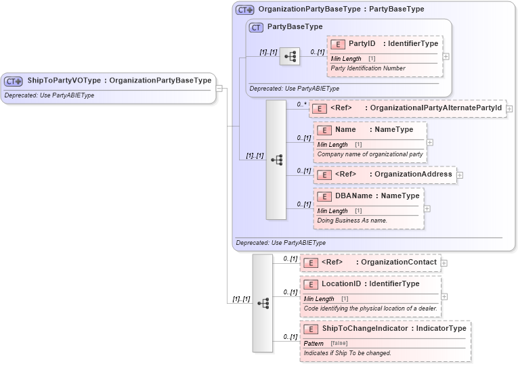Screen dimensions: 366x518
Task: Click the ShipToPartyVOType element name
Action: click(64, 81)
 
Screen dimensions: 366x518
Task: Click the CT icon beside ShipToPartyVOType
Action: click(14, 81)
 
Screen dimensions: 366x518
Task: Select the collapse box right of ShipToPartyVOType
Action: click(219, 87)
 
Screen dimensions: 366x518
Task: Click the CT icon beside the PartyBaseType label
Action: click(256, 28)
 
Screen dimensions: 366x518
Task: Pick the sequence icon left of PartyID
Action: click(289, 57)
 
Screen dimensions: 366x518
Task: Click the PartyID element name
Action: click(362, 44)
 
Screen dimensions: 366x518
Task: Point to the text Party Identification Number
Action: click(368, 68)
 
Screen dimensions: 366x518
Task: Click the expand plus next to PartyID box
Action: click(446, 56)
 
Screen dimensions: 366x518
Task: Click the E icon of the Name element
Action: click(324, 130)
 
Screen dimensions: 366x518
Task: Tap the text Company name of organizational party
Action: click(370, 154)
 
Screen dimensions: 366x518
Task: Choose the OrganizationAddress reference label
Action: click(413, 175)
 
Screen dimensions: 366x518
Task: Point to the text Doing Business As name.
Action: click(352, 221)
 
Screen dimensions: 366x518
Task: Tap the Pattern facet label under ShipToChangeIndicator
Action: click(314, 344)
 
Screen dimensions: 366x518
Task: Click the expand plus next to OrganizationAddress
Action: click(460, 175)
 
